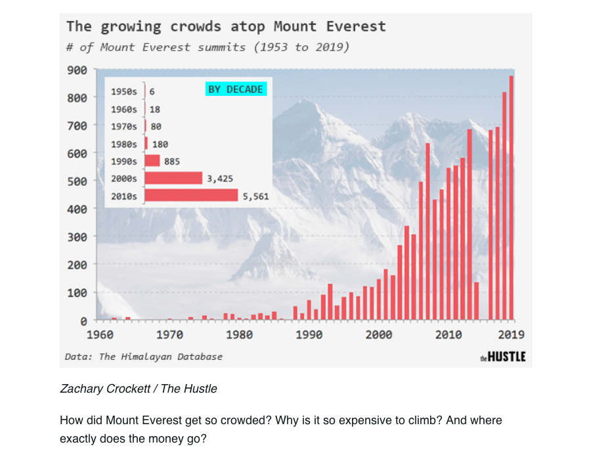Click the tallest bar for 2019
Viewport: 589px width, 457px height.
512,197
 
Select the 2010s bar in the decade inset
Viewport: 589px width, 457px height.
191,195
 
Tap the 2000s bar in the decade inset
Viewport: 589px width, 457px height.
173,178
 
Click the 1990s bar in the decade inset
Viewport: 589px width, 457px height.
152,161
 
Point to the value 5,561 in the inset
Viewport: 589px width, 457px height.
255,196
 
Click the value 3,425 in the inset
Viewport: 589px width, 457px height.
220,178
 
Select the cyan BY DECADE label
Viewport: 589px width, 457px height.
236,89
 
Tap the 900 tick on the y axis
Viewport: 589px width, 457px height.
77,70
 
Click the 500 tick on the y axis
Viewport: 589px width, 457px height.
77,181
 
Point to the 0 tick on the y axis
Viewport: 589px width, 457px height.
83,321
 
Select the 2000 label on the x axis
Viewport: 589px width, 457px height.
379,335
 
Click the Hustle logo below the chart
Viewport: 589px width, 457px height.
503,357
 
